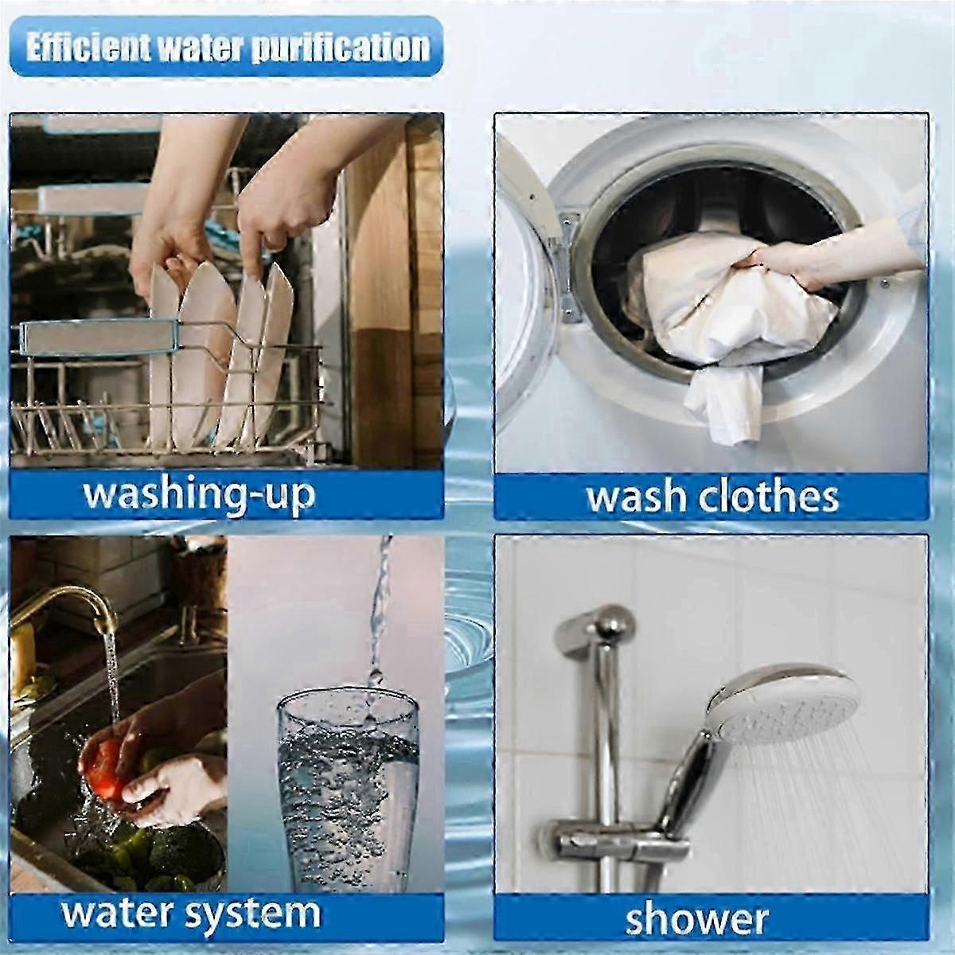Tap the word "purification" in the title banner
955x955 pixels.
[341, 49]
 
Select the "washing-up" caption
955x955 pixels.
[199, 494]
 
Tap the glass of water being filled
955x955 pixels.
[348, 790]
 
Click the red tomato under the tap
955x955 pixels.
[104, 768]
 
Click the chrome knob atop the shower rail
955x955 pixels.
[597, 630]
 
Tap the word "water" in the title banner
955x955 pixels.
[201, 48]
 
